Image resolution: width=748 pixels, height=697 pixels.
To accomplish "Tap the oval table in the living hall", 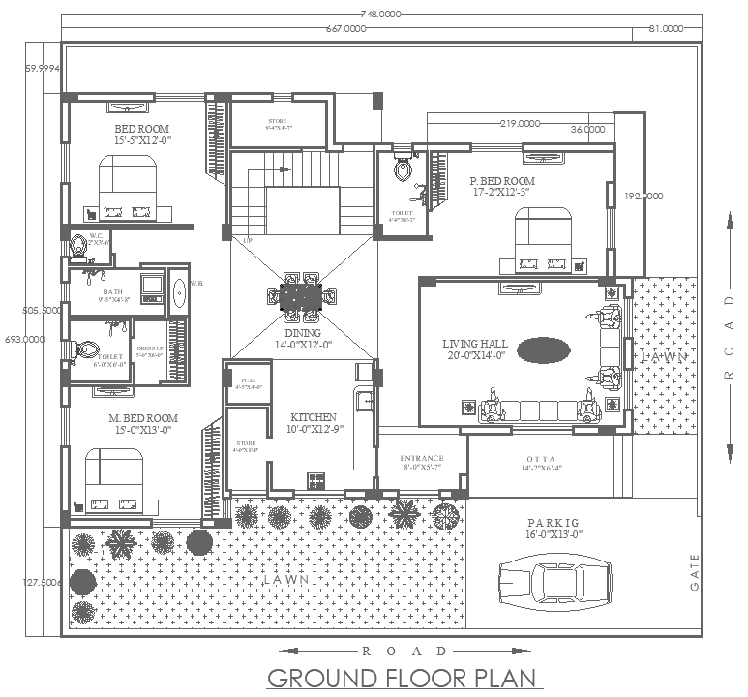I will coord(543,349).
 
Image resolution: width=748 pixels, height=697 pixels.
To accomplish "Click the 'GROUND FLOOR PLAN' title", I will coord(399,678).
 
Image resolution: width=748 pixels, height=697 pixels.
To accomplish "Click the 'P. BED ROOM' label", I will coord(502,181).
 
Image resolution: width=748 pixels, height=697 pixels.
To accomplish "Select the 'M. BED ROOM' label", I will coord(141,418).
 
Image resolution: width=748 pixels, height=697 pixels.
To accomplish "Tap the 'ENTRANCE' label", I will coord(422,458).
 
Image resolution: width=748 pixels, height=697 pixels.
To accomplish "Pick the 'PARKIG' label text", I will coord(553,522).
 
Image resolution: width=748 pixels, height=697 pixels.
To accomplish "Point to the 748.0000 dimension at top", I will coord(380,15).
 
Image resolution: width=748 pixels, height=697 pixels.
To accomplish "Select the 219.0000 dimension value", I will coord(520,124).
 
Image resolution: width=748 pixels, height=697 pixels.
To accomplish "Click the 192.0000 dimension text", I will coord(643,195).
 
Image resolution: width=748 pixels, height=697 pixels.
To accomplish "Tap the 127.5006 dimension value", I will coord(43,582).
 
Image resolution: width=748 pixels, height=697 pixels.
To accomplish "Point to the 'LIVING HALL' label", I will coord(475,344).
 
